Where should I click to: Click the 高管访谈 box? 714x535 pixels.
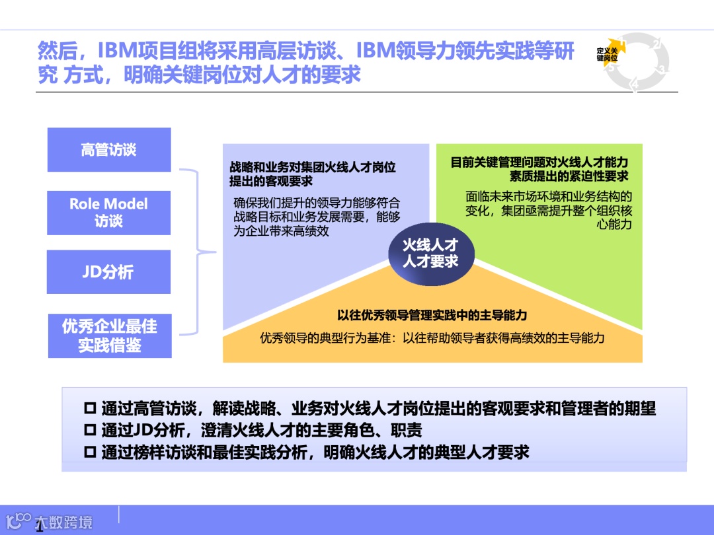click(109, 150)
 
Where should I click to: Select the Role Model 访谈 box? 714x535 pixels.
click(109, 212)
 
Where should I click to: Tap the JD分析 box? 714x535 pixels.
click(109, 271)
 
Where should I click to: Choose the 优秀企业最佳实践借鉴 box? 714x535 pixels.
click(110, 336)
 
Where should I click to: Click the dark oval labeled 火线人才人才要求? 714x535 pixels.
click(431, 254)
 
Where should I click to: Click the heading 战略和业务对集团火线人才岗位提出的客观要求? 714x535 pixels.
click(312, 174)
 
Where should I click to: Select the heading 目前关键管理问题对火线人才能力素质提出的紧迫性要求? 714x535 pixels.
click(539, 169)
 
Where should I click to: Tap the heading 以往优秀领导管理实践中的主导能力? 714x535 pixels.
click(432, 316)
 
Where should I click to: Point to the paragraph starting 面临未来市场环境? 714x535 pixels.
click(549, 210)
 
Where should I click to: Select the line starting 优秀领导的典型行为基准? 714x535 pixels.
click(432, 338)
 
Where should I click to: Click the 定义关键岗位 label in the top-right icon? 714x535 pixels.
click(607, 54)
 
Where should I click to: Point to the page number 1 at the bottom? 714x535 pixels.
click(40, 526)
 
